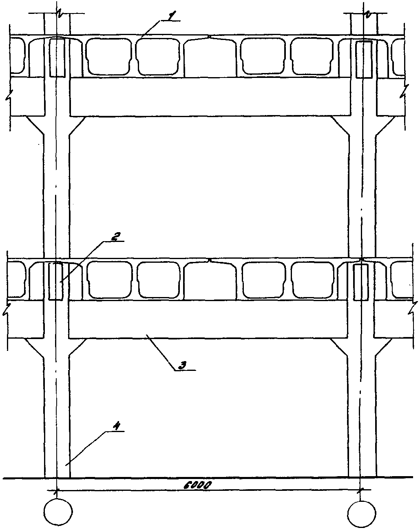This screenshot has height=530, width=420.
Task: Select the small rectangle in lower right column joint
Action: (x=360, y=282)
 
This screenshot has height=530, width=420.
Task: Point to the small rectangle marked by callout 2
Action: (x=55, y=282)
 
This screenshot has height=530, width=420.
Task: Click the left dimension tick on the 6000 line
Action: (x=56, y=490)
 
